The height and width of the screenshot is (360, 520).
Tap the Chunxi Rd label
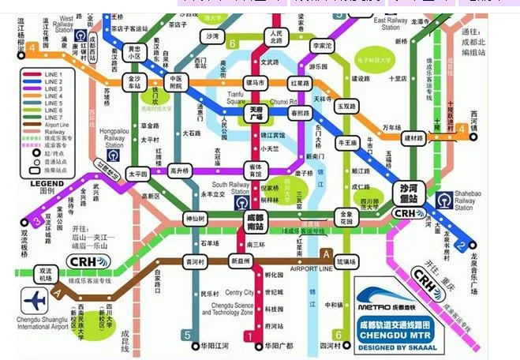tap(282, 102)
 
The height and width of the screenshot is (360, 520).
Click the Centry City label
tap(239, 293)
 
